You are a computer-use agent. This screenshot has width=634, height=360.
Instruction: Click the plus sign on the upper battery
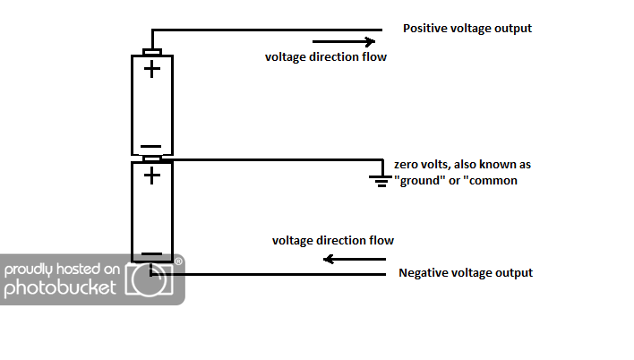[152, 69]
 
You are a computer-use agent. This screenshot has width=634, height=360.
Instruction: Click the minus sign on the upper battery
[150, 147]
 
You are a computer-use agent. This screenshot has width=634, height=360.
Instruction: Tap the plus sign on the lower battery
[152, 176]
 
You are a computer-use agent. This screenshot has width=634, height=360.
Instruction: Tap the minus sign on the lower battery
[151, 254]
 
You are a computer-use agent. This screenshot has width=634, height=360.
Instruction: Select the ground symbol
[381, 181]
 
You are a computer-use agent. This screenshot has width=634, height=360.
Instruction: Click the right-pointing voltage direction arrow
[344, 41]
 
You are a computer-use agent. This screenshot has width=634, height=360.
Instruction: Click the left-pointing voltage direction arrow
[355, 259]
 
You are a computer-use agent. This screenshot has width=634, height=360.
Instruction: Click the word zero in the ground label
[406, 165]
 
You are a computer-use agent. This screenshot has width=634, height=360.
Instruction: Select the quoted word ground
[419, 180]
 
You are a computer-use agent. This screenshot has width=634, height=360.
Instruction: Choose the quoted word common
[490, 180]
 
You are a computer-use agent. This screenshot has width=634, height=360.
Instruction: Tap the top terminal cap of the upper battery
[152, 52]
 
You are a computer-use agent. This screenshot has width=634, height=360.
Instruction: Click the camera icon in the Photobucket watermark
[150, 279]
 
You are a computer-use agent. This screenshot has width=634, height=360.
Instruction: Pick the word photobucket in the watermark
[60, 288]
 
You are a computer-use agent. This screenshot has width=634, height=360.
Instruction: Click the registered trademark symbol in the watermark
[178, 261]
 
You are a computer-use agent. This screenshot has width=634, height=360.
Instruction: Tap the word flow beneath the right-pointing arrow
[374, 56]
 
